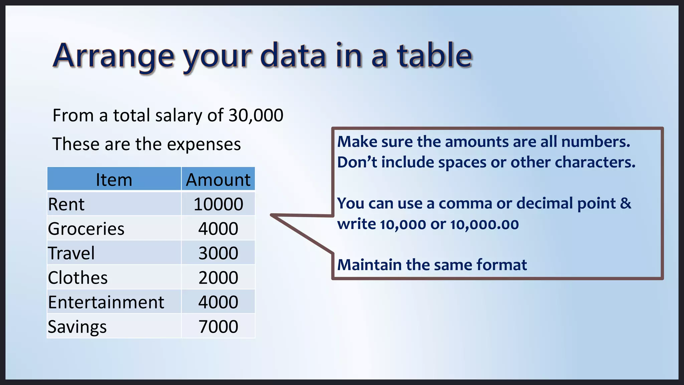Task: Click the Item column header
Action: (114, 180)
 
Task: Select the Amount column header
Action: (218, 180)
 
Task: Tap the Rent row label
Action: (66, 204)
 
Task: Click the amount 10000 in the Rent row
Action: (218, 204)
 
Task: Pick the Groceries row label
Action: (86, 229)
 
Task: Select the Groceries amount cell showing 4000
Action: (218, 229)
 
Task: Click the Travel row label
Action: (71, 253)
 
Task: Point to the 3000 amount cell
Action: (218, 253)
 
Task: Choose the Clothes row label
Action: (78, 278)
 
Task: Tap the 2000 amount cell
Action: (218, 278)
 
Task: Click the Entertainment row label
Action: (106, 302)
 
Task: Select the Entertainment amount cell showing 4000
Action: (218, 302)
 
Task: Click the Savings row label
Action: (77, 327)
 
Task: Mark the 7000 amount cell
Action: (218, 327)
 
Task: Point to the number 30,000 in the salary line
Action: (256, 116)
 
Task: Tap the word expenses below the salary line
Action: (204, 145)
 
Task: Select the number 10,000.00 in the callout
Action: (484, 224)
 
